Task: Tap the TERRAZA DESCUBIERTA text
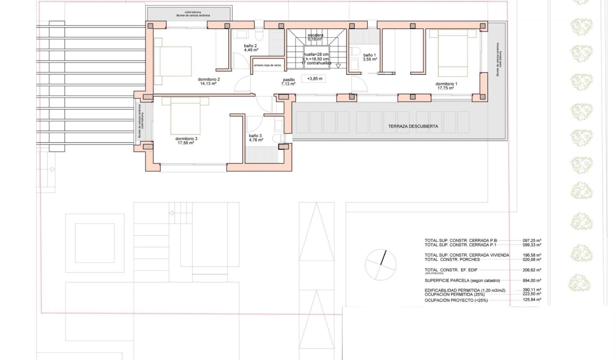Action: pyautogui.click(x=413, y=126)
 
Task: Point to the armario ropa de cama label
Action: pyautogui.click(x=266, y=65)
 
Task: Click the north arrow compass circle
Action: pyautogui.click(x=380, y=264)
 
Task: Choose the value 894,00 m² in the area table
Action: pyautogui.click(x=532, y=281)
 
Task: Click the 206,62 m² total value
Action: pyautogui.click(x=532, y=270)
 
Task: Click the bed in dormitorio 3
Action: pyautogui.click(x=185, y=116)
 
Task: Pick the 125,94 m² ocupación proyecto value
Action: pyautogui.click(x=532, y=300)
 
